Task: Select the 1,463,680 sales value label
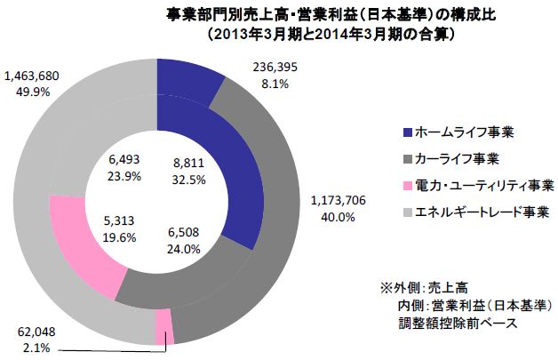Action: [32, 76]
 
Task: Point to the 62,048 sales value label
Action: [36, 330]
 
